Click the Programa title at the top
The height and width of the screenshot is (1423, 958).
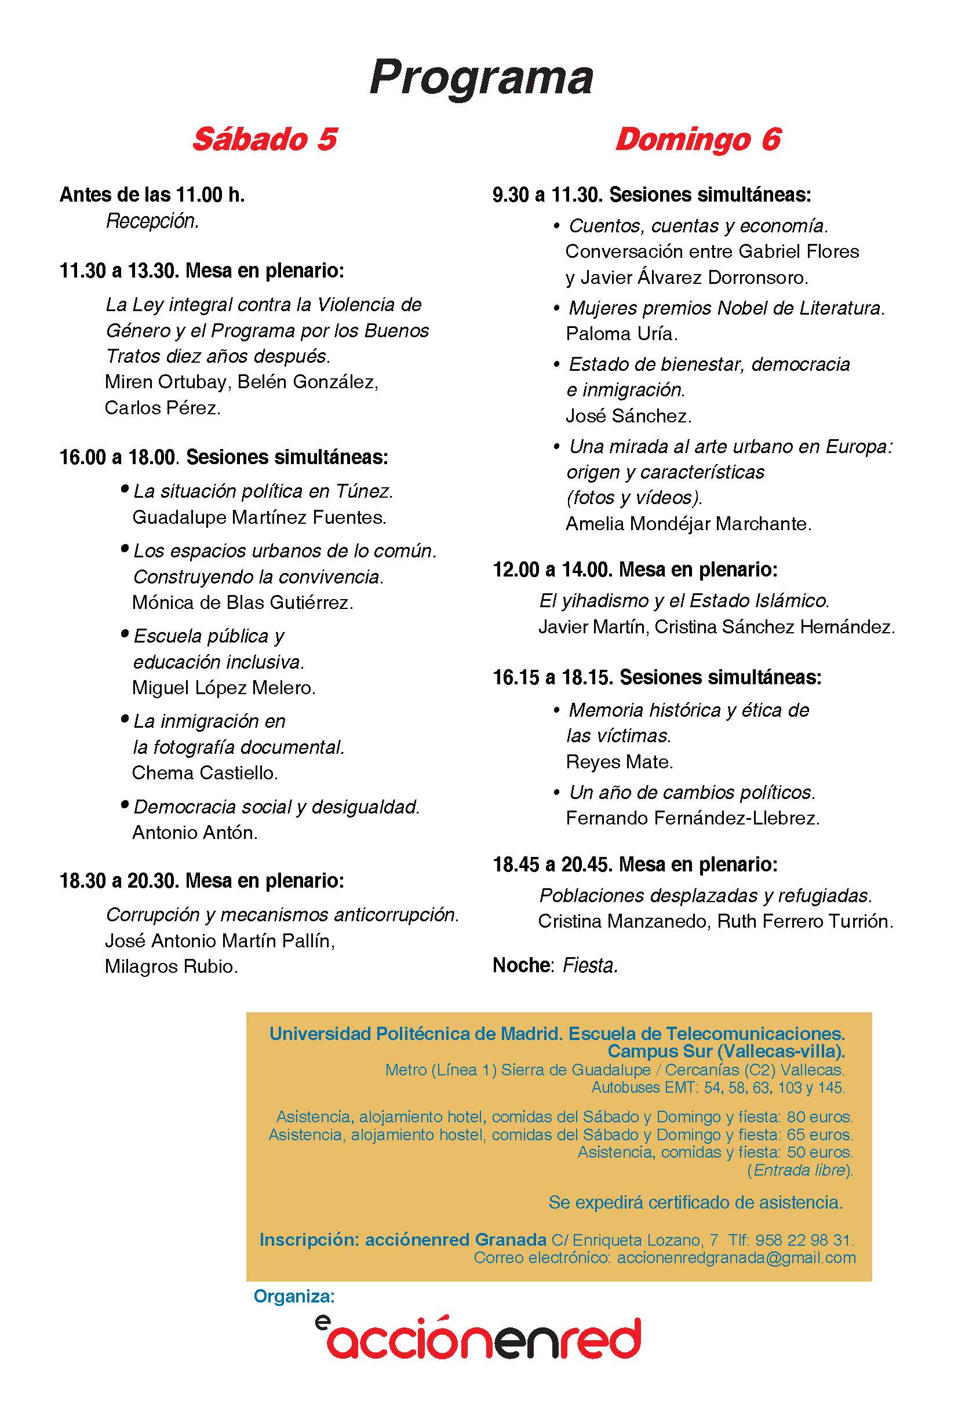point(481,78)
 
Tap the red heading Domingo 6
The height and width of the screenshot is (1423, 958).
point(698,139)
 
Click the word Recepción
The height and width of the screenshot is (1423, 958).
point(153,221)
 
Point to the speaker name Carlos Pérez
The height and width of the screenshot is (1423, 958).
point(162,407)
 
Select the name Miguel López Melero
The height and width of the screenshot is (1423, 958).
point(224,688)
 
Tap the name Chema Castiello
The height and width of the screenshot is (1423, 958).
point(205,772)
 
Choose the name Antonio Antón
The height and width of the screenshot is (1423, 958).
point(195,833)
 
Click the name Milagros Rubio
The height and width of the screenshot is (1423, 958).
point(171,966)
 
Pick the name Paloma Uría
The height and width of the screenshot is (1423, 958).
point(621,334)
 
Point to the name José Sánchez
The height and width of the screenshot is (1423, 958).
point(628,416)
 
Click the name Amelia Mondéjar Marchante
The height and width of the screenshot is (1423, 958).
point(688,523)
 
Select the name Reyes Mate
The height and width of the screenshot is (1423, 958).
point(619,761)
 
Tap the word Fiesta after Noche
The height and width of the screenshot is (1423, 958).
point(590,965)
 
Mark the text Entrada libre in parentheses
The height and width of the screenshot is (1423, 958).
point(800,1170)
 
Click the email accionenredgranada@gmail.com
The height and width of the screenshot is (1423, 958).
point(736,1257)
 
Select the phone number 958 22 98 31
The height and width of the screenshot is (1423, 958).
point(803,1240)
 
